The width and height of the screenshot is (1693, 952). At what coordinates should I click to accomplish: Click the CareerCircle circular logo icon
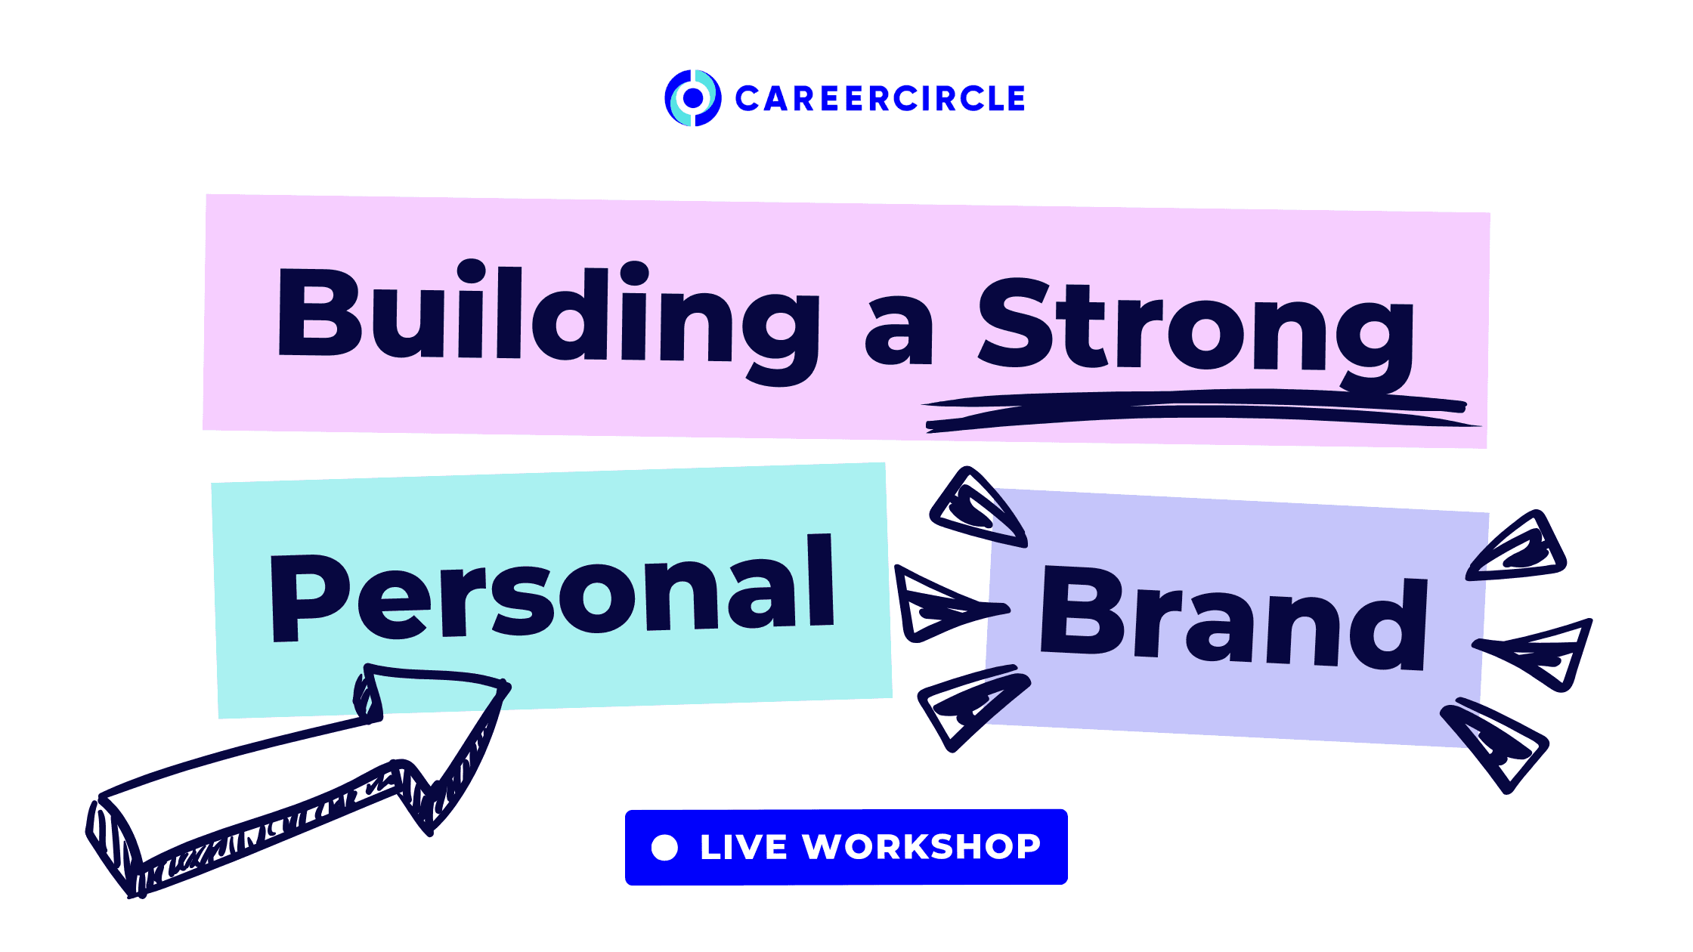[x=692, y=98]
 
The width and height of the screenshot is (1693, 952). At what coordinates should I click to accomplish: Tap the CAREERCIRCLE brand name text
[x=880, y=99]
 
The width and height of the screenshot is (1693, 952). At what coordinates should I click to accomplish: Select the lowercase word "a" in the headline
[x=899, y=332]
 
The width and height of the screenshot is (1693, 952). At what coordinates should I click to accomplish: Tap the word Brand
[x=1234, y=619]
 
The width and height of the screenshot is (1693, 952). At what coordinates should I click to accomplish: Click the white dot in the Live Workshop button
[x=664, y=847]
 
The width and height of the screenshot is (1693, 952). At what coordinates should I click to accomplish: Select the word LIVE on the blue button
[x=744, y=847]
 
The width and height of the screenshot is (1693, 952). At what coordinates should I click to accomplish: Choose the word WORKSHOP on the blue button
[x=922, y=847]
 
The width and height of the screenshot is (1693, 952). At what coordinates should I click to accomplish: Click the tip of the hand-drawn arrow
[x=508, y=687]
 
